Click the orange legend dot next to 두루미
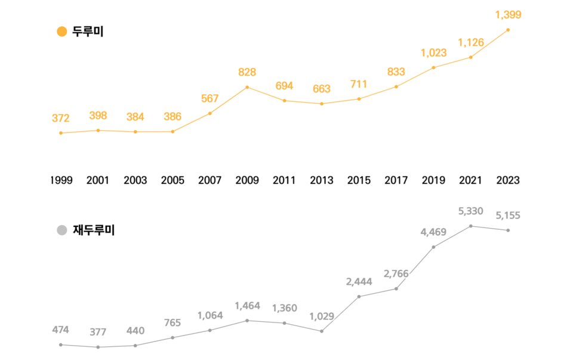(61, 32)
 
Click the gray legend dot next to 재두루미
(61, 230)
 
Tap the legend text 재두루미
(93, 230)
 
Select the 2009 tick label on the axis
(247, 180)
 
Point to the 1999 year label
(61, 180)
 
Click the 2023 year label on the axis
(508, 180)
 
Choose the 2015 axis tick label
(359, 180)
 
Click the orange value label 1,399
(508, 15)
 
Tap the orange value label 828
(247, 72)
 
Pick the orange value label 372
(60, 118)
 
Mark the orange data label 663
(322, 89)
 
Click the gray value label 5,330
(471, 211)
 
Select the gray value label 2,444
(359, 282)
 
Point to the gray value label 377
(98, 332)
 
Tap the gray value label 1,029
(322, 316)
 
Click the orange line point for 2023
(508, 30)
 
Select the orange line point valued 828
(247, 87)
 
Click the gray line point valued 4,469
(433, 247)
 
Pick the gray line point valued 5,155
(508, 230)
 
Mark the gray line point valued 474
(61, 344)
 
